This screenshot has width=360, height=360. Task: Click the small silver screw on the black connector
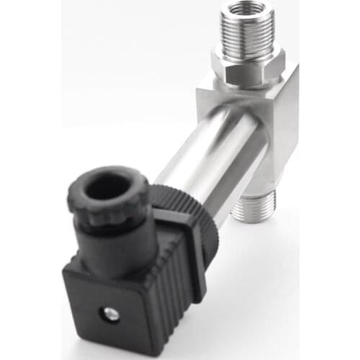[x=110, y=313]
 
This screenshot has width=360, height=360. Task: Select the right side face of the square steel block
[x=284, y=130]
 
